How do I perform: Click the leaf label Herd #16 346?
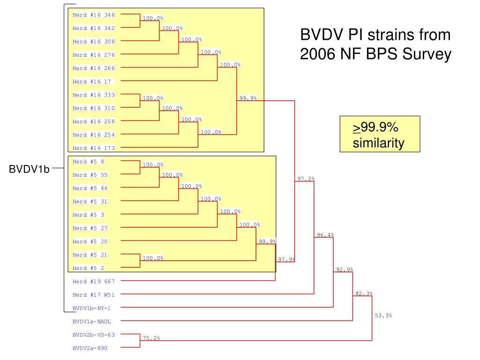94,15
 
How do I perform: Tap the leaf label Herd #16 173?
94,148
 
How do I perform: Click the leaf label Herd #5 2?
89,268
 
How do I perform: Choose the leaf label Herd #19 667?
94,281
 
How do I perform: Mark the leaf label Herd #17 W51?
94,295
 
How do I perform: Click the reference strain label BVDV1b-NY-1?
91,308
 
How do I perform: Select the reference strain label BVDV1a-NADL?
91,322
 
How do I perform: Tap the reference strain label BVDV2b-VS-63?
94,335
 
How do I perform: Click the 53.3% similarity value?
383,315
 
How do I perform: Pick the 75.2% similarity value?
151,338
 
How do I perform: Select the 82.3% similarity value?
364,293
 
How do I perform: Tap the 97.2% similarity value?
306,179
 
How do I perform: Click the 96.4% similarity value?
325,235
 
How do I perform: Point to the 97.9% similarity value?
286,259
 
